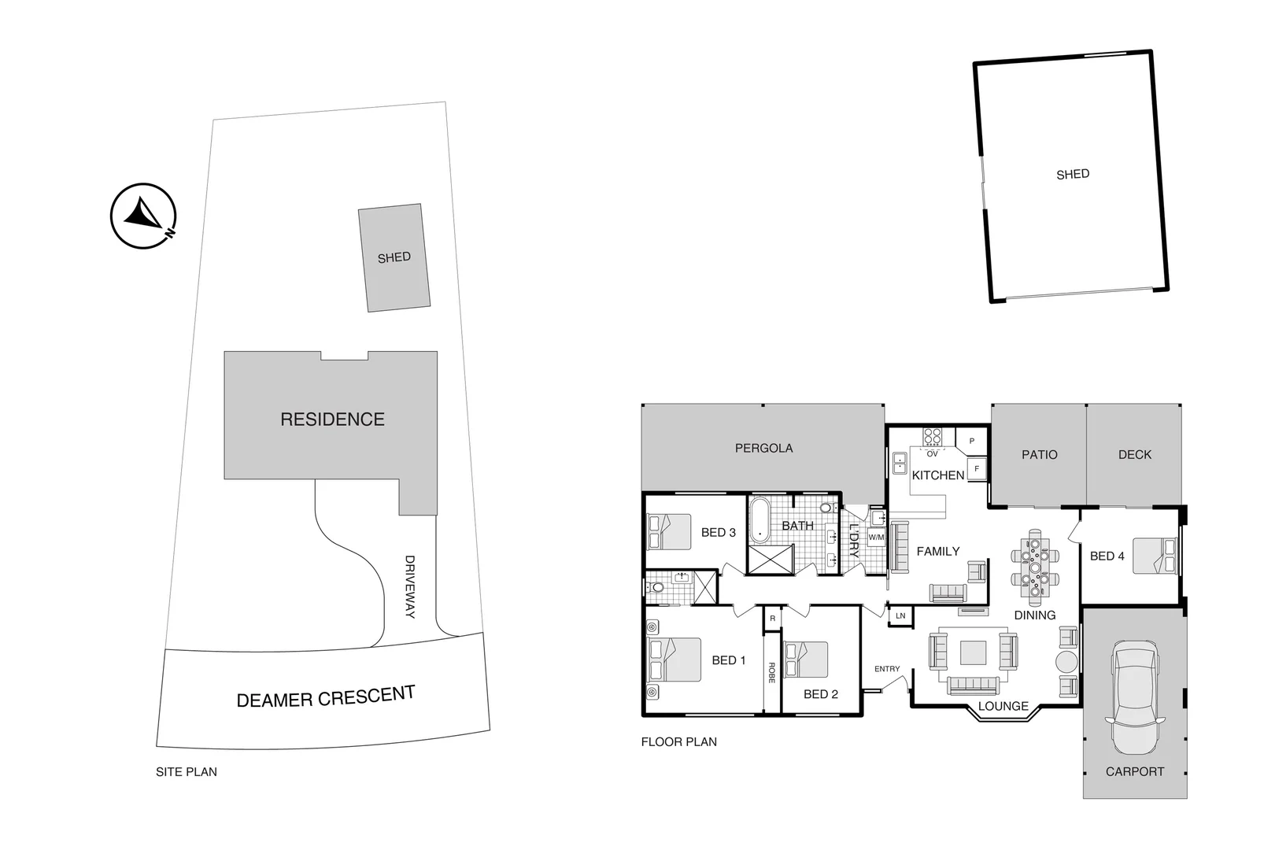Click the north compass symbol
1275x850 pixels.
[142, 216]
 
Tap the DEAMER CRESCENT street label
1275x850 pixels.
[325, 697]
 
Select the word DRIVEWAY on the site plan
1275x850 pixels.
[409, 586]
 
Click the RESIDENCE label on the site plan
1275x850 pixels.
[332, 419]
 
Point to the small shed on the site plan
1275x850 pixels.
[394, 257]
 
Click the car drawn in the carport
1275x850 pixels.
[1134, 697]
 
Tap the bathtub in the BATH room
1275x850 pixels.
[759, 520]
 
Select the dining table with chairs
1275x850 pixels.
[1035, 562]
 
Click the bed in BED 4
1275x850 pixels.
[1155, 556]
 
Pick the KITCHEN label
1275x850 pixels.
[937, 475]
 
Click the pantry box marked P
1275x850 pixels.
[972, 442]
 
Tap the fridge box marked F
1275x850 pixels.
[977, 468]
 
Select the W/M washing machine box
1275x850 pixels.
[876, 538]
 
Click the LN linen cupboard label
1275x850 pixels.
[900, 615]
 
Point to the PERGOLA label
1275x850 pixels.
[763, 449]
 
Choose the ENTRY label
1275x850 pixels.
[887, 669]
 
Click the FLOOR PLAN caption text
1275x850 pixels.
[678, 741]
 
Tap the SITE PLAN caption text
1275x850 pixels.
[186, 772]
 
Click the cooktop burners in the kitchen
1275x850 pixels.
[933, 437]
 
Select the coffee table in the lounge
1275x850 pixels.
[973, 653]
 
